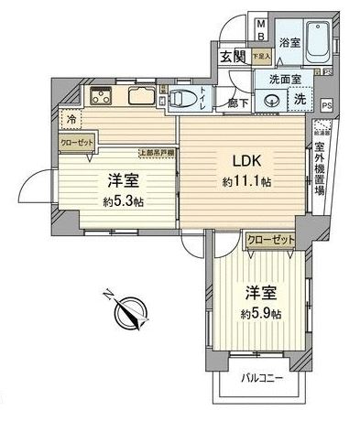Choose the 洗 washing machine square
point(299,99)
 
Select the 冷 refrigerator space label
point(70,118)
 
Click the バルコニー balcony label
point(263,378)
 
